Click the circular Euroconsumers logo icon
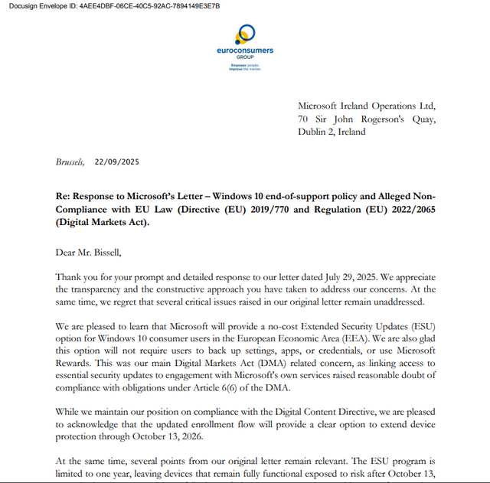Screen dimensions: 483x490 click(245, 34)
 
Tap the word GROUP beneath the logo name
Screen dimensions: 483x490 click(245, 57)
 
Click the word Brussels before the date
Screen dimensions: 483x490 click(71, 162)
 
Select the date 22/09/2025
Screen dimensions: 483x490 click(117, 162)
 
